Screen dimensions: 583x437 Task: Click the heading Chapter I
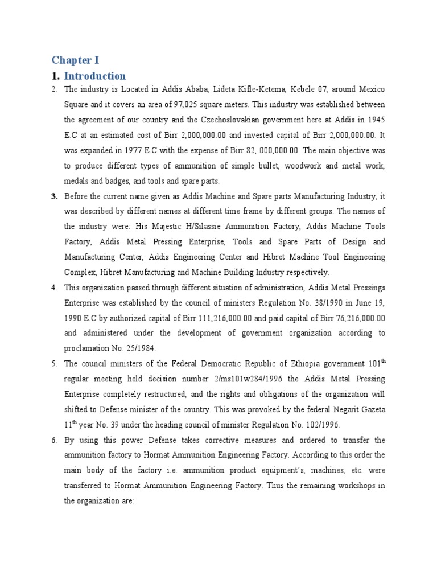point(75,60)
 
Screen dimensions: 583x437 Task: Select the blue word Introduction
point(94,76)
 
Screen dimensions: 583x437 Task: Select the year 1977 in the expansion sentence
point(137,150)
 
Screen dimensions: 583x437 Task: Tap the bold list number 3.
point(54,196)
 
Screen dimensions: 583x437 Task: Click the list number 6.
point(54,440)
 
